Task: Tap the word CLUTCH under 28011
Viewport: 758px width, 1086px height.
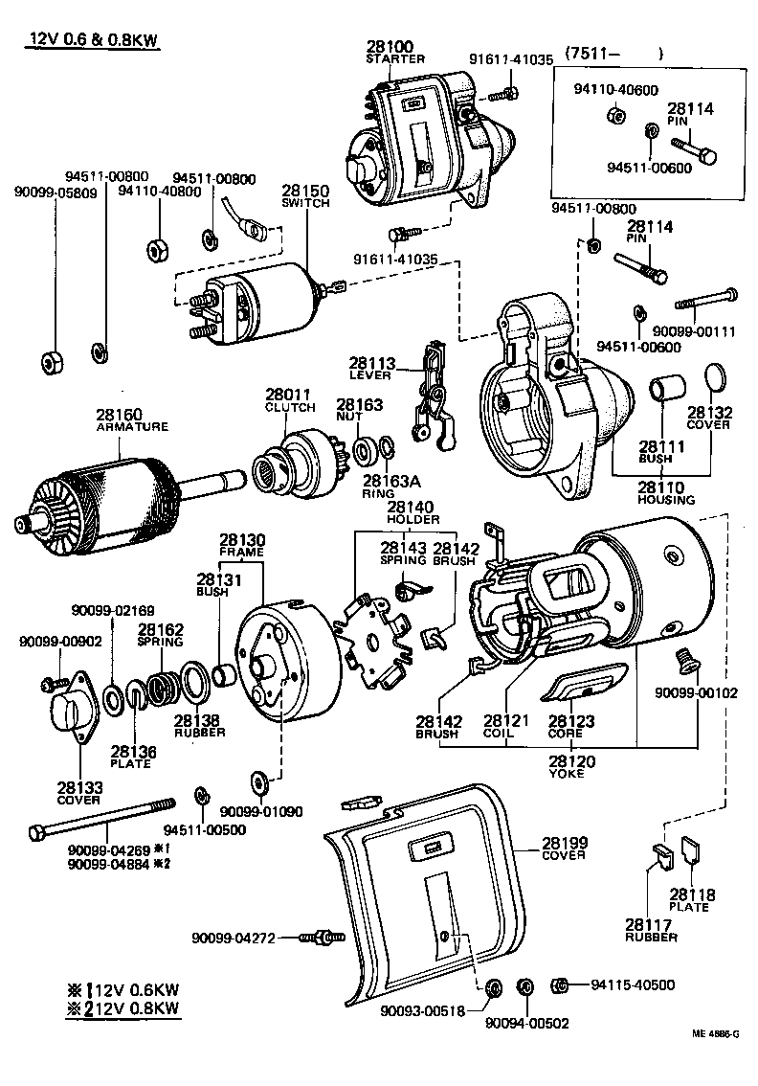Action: click(290, 407)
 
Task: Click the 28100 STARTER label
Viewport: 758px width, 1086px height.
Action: click(395, 52)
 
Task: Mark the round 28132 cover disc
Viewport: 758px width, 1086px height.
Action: click(715, 377)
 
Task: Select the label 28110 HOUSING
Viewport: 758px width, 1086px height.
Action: click(666, 492)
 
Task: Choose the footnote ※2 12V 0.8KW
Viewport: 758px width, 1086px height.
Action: click(122, 1007)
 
